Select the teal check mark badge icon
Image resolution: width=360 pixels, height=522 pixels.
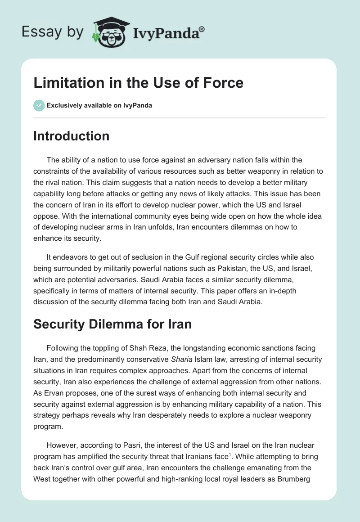(x=39, y=105)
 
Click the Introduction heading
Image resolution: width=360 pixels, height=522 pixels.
(x=71, y=136)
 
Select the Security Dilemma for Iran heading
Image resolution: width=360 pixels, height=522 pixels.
(x=112, y=324)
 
